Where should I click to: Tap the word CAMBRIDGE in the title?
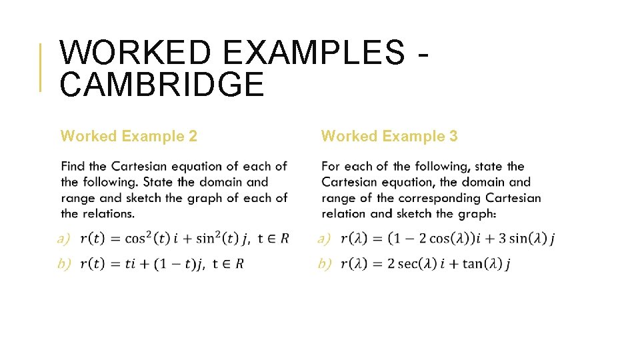pyautogui.click(x=162, y=85)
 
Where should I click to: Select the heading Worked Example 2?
pyautogui.click(x=129, y=137)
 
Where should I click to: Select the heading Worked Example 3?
pyautogui.click(x=389, y=137)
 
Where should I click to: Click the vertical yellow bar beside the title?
pyautogui.click(x=41, y=67)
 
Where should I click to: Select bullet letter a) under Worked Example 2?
pyautogui.click(x=64, y=239)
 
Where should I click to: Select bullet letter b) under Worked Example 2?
pyautogui.click(x=64, y=264)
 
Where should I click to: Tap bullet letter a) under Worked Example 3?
pyautogui.click(x=325, y=239)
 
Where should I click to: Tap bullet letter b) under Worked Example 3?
pyautogui.click(x=325, y=264)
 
